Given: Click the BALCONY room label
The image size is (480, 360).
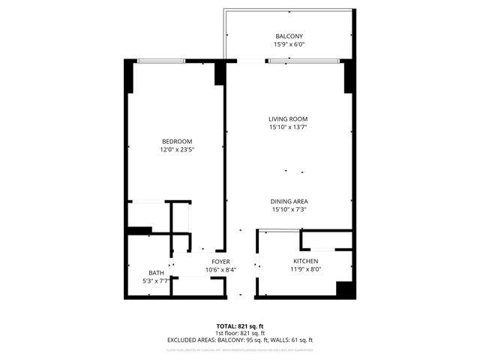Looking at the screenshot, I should [289, 36].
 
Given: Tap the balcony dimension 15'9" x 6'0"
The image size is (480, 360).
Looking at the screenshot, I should [289, 44].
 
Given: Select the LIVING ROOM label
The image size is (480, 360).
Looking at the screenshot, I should [289, 119].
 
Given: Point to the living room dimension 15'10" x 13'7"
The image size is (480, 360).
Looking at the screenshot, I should [289, 127].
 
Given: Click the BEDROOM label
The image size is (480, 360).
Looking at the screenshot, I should [177, 142].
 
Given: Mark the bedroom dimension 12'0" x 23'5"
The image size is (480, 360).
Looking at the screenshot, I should [177, 150].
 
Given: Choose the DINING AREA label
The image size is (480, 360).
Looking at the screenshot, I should [290, 201].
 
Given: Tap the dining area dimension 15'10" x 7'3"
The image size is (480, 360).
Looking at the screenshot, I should [290, 209].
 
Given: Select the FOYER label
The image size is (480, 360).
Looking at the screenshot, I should [220, 261].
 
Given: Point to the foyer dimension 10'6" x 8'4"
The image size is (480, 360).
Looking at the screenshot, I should [220, 269].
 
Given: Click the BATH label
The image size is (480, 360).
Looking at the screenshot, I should [156, 273].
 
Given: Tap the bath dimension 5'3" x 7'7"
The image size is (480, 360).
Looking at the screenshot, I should [156, 281].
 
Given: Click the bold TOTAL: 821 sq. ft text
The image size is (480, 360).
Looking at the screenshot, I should [240, 326].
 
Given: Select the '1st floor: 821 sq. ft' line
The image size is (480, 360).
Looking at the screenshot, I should [240, 333].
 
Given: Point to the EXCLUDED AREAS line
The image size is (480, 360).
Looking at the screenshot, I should [240, 340].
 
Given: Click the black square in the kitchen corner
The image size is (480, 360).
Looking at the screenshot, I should [344, 289].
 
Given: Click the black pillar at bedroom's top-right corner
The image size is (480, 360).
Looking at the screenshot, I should [220, 73].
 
